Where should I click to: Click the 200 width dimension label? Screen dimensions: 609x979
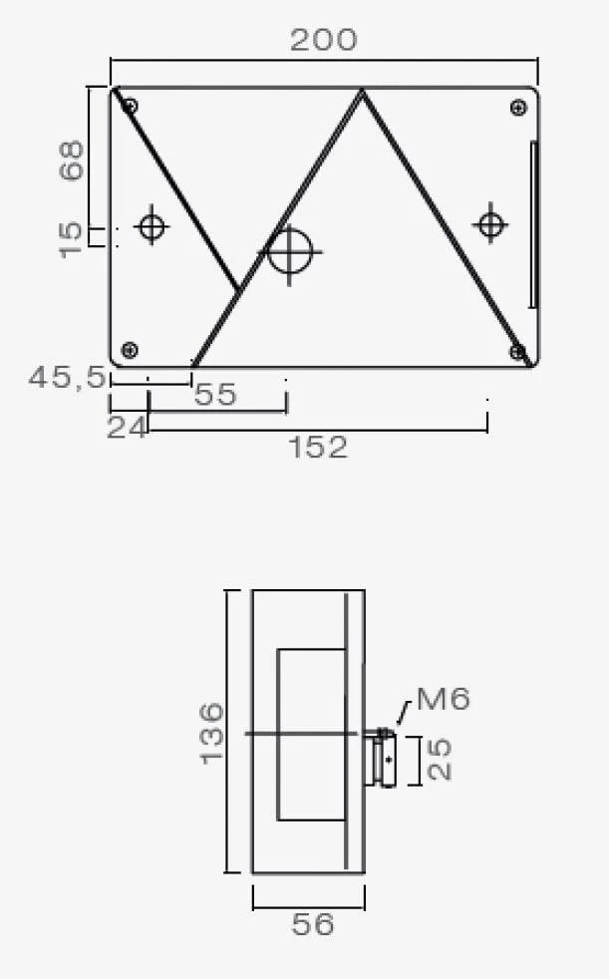pyautogui.click(x=324, y=40)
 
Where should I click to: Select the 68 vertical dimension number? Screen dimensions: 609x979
pyautogui.click(x=72, y=161)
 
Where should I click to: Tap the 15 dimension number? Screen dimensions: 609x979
pyautogui.click(x=71, y=239)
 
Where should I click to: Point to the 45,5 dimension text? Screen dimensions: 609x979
pyautogui.click(x=68, y=377)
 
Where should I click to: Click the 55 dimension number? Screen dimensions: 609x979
pyautogui.click(x=216, y=395)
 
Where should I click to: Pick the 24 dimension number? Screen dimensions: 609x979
pyautogui.click(x=128, y=429)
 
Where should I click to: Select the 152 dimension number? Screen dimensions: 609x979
pyautogui.click(x=318, y=448)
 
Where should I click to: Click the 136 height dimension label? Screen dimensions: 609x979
pyautogui.click(x=211, y=733)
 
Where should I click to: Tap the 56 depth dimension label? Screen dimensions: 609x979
pyautogui.click(x=313, y=924)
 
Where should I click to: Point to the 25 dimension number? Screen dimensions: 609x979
pyautogui.click(x=440, y=760)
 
